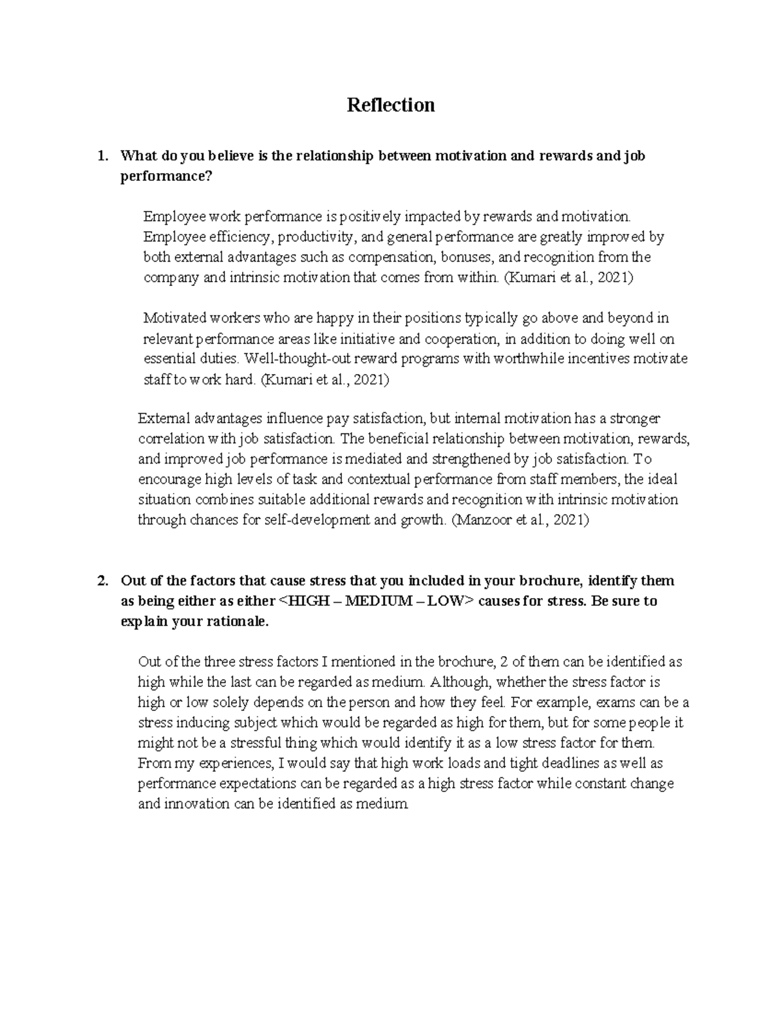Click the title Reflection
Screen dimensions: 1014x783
coord(391,105)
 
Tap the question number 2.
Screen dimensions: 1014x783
coord(100,580)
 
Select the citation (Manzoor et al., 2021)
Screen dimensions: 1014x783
coord(520,520)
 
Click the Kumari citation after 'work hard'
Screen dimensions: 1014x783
coord(324,379)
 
